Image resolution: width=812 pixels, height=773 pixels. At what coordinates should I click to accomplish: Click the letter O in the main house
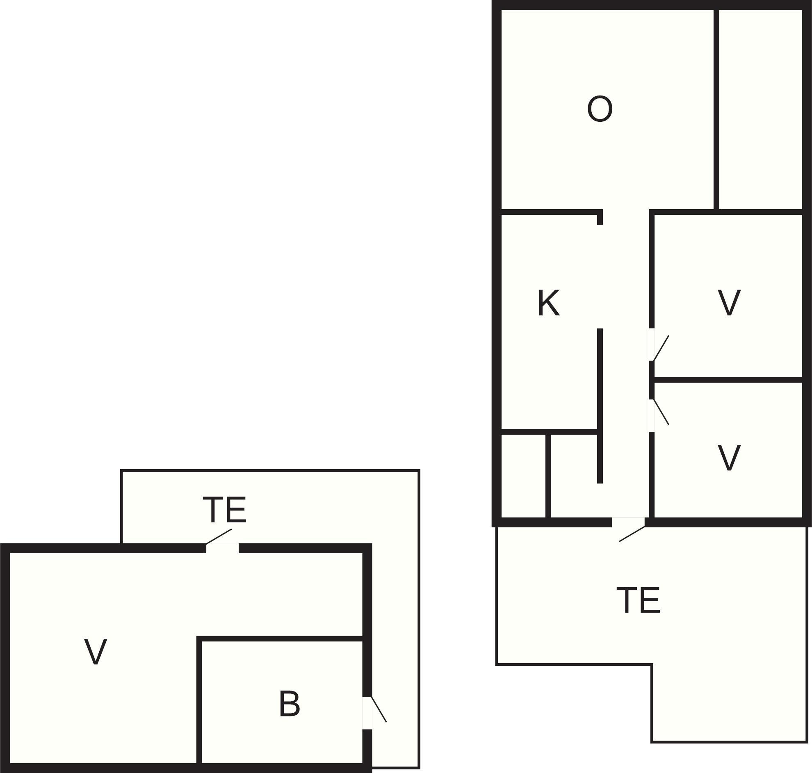600,109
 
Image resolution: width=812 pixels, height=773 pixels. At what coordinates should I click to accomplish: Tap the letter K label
548,303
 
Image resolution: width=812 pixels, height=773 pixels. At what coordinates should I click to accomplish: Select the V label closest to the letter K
729,303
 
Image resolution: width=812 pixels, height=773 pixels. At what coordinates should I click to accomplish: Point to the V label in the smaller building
96,652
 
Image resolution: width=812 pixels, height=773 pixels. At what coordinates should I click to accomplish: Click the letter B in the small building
289,703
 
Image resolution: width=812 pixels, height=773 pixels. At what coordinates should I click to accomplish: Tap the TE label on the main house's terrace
638,600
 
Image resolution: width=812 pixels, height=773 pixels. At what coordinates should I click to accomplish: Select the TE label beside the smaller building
224,510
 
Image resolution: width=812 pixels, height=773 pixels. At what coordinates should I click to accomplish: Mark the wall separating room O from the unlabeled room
716,109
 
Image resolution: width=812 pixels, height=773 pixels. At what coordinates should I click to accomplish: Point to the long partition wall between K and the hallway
600,406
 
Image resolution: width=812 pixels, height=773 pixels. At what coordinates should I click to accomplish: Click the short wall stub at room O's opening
600,217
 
